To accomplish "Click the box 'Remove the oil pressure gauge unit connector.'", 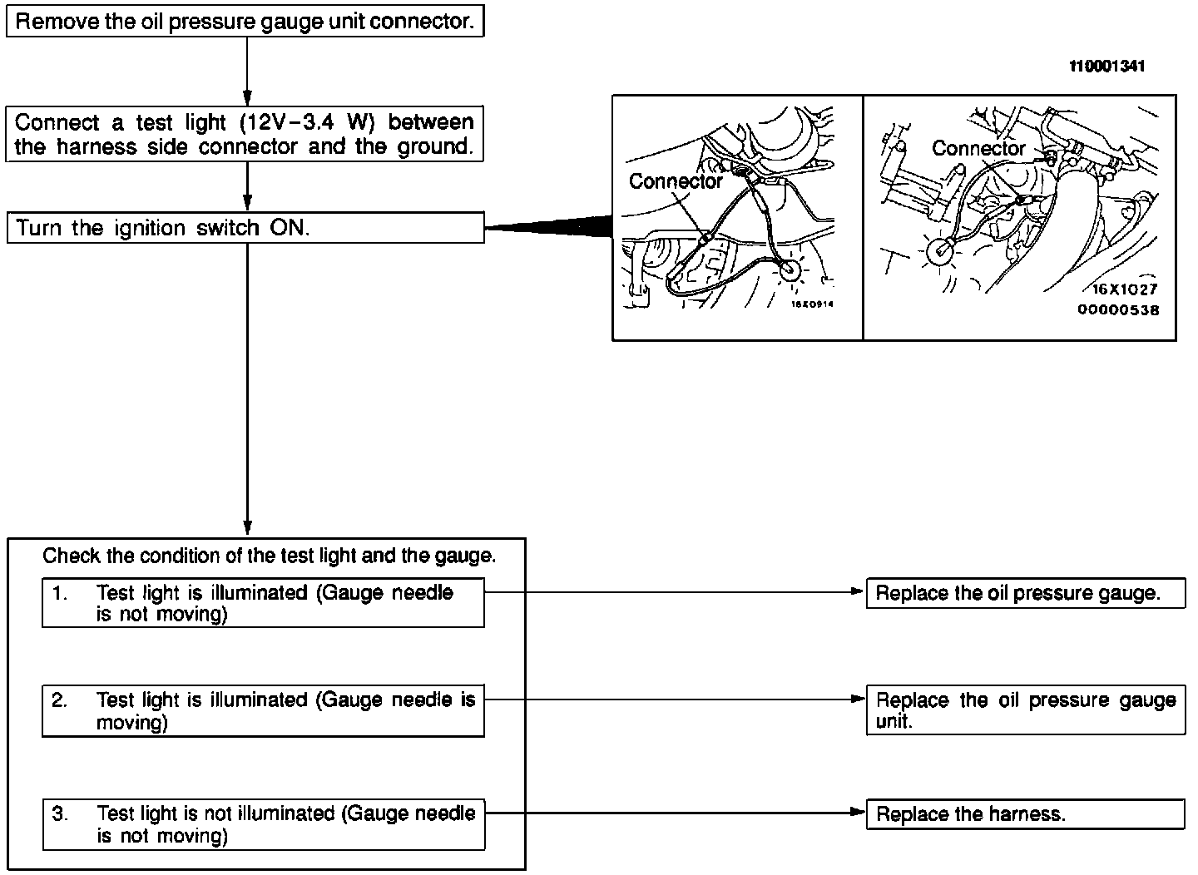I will (245, 22).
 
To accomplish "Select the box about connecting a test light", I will (245, 134).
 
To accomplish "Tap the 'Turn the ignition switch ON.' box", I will (245, 228).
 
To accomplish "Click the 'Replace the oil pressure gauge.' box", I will (1025, 594).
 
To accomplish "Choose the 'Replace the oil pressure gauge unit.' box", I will (1025, 710).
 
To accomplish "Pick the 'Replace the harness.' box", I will (1025, 814).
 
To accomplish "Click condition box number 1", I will (263, 604).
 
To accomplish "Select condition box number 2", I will (263, 711).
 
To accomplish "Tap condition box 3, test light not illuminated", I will (263, 824).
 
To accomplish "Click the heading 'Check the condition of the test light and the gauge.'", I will (269, 556).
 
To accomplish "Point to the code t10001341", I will (1106, 67).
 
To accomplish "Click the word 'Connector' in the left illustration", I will (676, 181).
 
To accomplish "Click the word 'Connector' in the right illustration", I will (978, 149).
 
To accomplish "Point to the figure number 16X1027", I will (1124, 290).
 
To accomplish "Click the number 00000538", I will (1118, 309).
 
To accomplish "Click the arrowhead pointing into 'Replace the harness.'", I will (859, 814).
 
